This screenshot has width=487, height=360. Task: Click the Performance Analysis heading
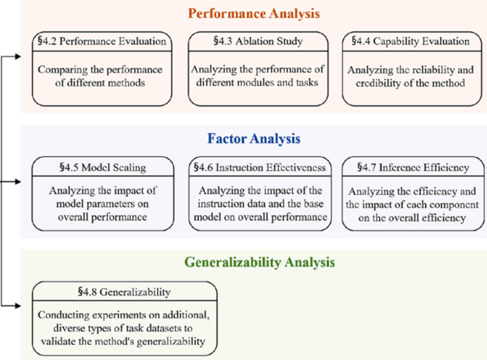click(254, 14)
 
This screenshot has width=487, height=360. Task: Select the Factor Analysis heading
click(254, 138)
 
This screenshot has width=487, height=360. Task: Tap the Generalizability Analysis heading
click(260, 263)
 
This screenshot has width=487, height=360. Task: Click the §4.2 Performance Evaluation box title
click(102, 41)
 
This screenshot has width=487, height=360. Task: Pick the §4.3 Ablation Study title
click(258, 41)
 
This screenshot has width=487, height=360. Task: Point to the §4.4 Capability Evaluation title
click(410, 41)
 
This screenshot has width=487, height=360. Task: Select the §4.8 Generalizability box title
click(124, 292)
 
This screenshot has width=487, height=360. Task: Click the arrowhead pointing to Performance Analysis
click(18, 57)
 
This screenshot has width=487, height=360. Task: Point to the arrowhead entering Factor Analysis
click(18, 181)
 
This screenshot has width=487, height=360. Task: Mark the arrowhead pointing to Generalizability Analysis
click(18, 306)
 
